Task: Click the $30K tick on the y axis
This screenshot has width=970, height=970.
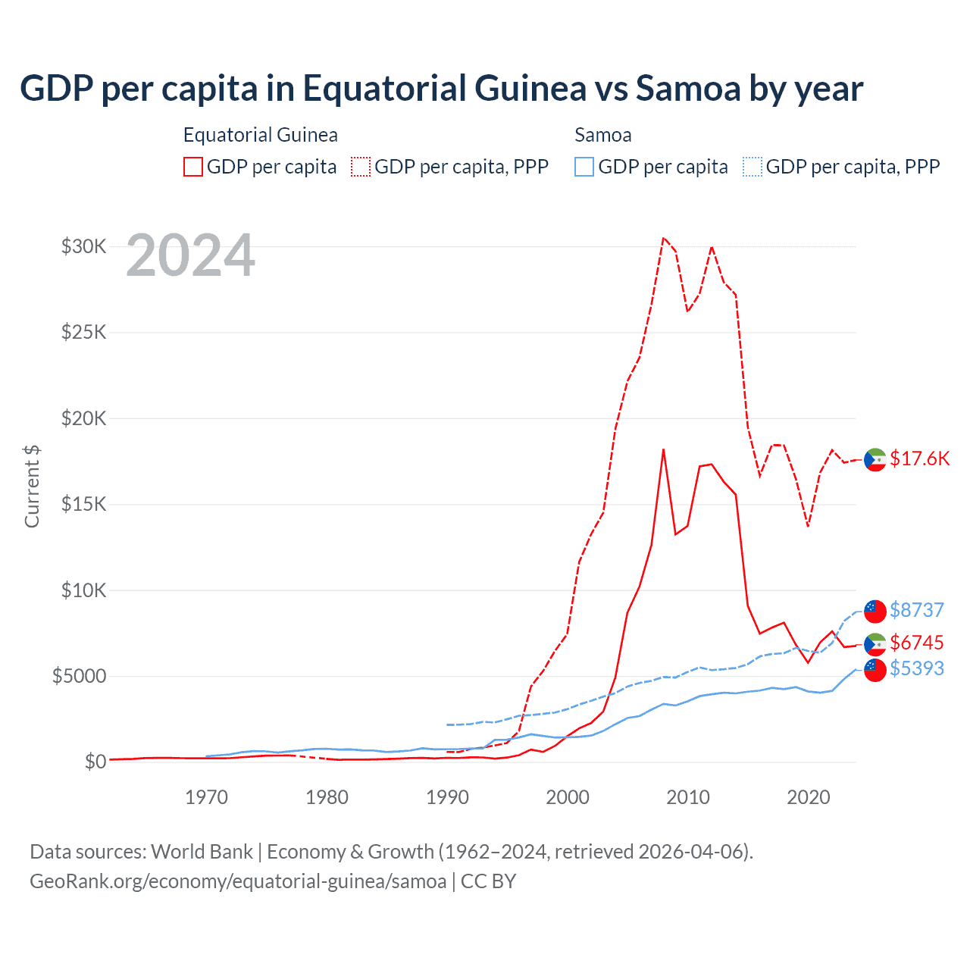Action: click(x=83, y=246)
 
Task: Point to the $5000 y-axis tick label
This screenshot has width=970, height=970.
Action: click(x=79, y=676)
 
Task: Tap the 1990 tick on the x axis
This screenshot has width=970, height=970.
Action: click(x=447, y=797)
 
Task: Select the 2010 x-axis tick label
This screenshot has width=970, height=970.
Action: click(x=688, y=797)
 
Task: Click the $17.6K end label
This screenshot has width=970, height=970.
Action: click(x=919, y=458)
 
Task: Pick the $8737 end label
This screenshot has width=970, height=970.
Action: click(x=916, y=610)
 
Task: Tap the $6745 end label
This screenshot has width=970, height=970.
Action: click(x=916, y=643)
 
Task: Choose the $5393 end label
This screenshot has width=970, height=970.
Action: click(x=916, y=668)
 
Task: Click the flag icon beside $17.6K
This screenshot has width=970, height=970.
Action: click(x=875, y=460)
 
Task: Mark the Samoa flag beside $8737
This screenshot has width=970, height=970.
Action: click(x=875, y=611)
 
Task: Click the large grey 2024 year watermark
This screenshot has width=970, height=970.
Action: click(x=190, y=255)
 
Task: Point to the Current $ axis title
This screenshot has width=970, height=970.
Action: click(x=32, y=487)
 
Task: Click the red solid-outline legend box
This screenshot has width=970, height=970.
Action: click(x=193, y=167)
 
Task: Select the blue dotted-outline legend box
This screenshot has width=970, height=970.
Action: click(x=753, y=167)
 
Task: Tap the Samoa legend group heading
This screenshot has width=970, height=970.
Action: click(x=602, y=135)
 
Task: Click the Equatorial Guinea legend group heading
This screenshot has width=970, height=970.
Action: click(x=260, y=135)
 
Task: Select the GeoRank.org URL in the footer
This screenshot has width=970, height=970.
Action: click(x=238, y=881)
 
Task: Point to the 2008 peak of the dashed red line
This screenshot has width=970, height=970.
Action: click(x=663, y=238)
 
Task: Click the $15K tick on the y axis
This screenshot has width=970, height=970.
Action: click(x=83, y=504)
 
